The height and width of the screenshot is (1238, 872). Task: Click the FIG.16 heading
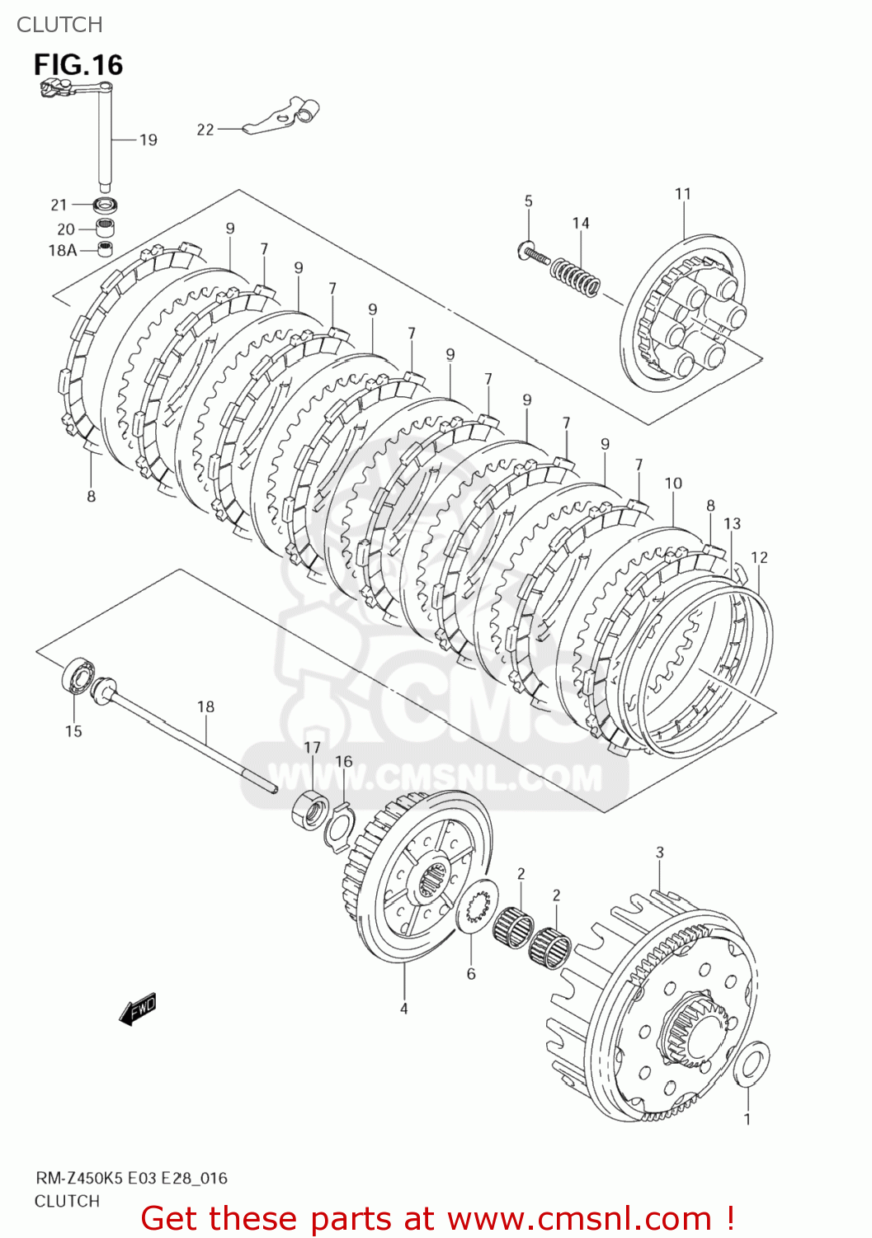tap(78, 65)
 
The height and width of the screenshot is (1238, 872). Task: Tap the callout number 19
tap(148, 140)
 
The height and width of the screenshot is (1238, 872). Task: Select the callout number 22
tap(205, 130)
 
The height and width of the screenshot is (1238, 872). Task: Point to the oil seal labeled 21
tap(106, 204)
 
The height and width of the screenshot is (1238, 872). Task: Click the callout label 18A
tap(62, 250)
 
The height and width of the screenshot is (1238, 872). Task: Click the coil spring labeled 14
tap(576, 276)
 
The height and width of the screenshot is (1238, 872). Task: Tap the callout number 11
tap(683, 194)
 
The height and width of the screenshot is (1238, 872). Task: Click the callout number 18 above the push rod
tap(205, 706)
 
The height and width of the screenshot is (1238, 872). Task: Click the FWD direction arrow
tap(137, 1009)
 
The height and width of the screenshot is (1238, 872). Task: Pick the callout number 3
tap(660, 853)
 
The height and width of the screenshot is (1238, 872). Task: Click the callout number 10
tap(673, 484)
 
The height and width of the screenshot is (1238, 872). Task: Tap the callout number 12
tap(759, 557)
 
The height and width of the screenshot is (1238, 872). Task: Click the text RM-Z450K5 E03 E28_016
tap(131, 1178)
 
